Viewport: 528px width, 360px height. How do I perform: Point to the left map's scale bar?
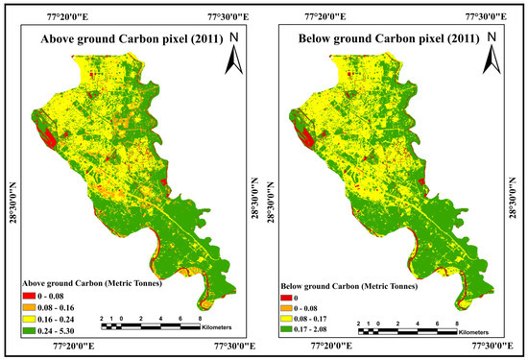(x=149, y=316)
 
